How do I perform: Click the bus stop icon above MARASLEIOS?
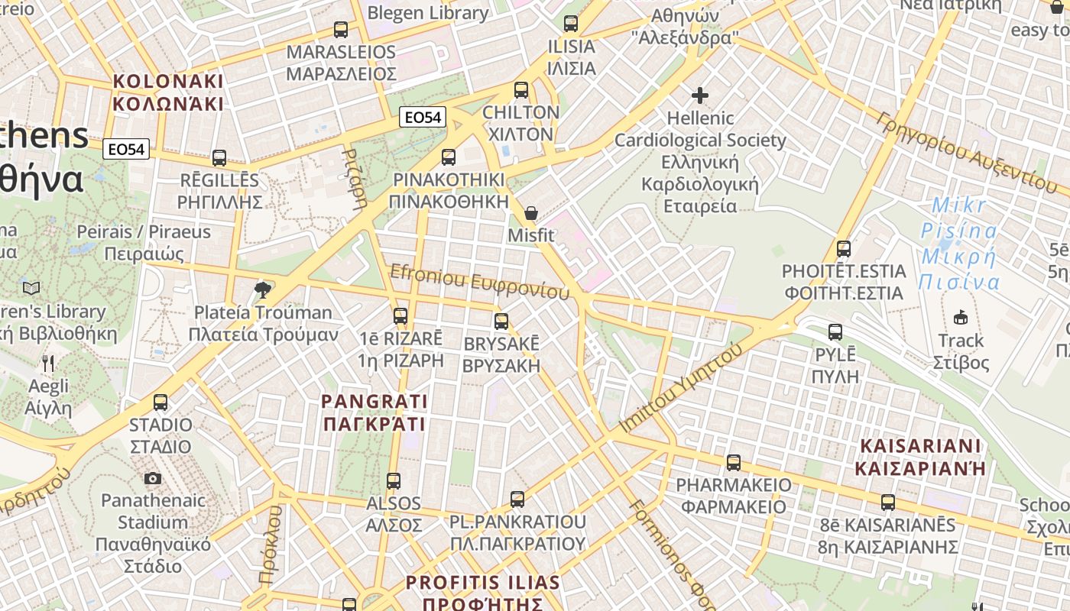click(x=341, y=30)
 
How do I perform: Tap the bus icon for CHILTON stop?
click(x=521, y=90)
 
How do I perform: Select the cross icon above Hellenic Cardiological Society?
click(x=700, y=95)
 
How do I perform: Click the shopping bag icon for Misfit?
click(x=530, y=213)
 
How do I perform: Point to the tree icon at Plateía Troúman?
click(x=263, y=289)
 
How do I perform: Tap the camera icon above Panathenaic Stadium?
click(x=153, y=478)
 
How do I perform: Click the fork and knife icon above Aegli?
click(x=48, y=364)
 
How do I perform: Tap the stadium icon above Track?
click(x=961, y=317)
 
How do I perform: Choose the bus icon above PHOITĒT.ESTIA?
click(x=844, y=249)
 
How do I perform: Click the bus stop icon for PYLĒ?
click(x=835, y=332)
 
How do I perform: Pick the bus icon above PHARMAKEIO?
click(x=734, y=462)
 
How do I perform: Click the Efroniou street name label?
click(x=480, y=283)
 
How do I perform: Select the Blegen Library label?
click(x=428, y=13)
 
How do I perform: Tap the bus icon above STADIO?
click(x=160, y=402)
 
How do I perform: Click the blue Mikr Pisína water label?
click(x=959, y=244)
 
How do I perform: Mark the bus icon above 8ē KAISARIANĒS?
click(x=887, y=503)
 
